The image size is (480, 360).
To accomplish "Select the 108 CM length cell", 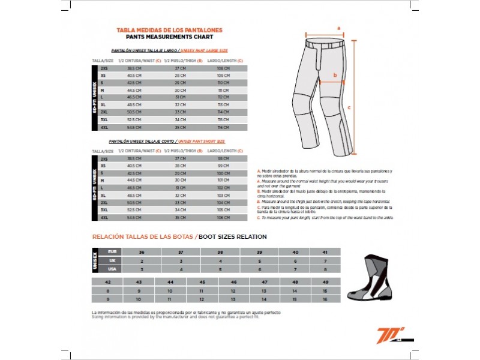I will tap(223, 69).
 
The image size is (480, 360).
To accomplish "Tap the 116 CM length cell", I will tap(223, 127).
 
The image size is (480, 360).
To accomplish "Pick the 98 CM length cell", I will tap(223, 158).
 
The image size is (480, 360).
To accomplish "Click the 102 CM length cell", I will tap(223, 188).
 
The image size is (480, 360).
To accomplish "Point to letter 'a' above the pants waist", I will tap(338, 28).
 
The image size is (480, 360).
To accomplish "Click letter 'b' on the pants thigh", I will tap(335, 76).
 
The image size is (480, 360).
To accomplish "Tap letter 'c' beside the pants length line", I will tap(349, 109).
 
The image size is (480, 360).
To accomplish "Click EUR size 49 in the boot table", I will tap(325, 281).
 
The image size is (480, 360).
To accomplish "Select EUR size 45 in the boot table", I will tap(202, 281).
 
